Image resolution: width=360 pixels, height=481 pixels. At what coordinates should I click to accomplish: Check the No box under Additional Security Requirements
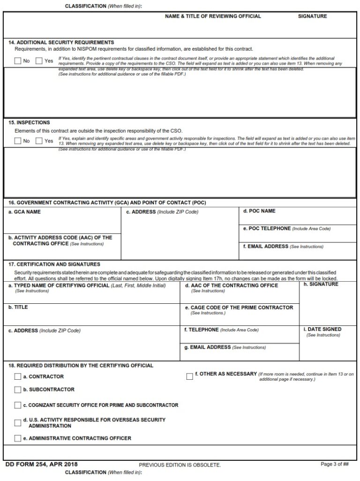[18, 60]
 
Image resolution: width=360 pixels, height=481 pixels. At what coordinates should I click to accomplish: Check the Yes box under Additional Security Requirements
[39, 60]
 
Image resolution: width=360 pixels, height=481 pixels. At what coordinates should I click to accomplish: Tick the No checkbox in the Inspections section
[18, 141]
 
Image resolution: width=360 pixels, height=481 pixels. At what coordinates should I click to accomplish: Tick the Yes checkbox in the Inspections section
[39, 141]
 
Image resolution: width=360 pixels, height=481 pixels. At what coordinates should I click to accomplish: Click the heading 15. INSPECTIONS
[29, 123]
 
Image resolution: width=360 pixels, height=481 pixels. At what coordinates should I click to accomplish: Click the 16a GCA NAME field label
[25, 212]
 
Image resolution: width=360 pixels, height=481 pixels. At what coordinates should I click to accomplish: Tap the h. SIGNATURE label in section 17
[321, 285]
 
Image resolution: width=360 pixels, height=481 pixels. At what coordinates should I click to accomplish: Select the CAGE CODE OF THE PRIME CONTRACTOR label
[239, 308]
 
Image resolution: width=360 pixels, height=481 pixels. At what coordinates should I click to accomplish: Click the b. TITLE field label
[18, 308]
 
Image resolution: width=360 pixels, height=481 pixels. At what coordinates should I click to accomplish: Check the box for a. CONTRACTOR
[18, 376]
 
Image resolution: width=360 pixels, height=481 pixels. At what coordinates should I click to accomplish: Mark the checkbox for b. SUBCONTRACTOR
[18, 390]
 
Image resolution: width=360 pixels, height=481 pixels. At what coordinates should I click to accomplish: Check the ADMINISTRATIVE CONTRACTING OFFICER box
[18, 438]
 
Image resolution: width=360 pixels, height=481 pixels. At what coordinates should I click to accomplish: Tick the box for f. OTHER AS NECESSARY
[189, 376]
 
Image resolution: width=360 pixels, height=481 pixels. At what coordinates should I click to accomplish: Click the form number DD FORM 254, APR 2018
[41, 464]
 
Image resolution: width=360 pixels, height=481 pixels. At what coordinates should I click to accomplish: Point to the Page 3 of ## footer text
[335, 464]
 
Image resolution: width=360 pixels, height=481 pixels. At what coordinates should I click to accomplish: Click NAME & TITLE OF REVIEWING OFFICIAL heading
[213, 16]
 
